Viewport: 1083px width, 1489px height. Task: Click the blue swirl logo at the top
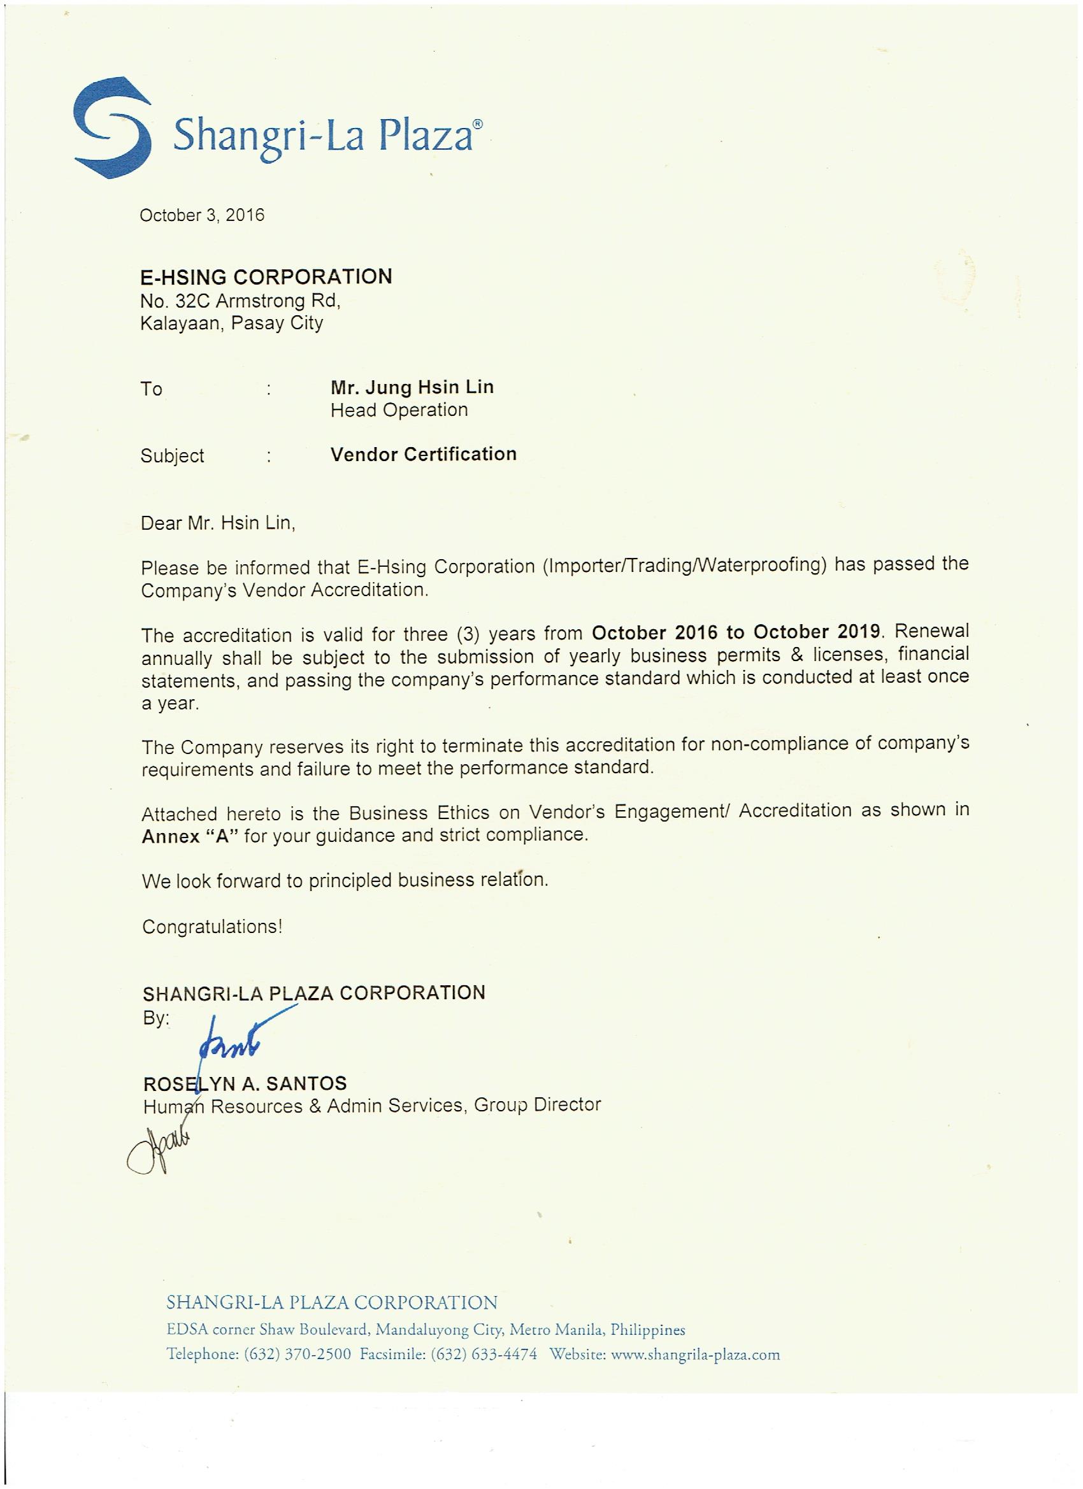111,127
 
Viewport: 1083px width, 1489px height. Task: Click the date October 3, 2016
201,215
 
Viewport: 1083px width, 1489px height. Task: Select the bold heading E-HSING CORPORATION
266,276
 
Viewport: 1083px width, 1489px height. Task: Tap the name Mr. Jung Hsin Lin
412,387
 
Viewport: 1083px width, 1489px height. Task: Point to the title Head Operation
399,410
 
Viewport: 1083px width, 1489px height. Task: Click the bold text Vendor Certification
423,454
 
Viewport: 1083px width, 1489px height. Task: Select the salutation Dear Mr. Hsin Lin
218,524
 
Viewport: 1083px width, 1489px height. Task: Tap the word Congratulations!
212,927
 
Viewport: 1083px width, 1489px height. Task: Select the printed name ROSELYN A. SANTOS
245,1084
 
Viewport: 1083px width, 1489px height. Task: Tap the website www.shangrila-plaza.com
695,1354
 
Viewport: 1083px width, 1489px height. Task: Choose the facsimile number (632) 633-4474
484,1354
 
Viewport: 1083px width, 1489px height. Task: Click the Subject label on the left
172,455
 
